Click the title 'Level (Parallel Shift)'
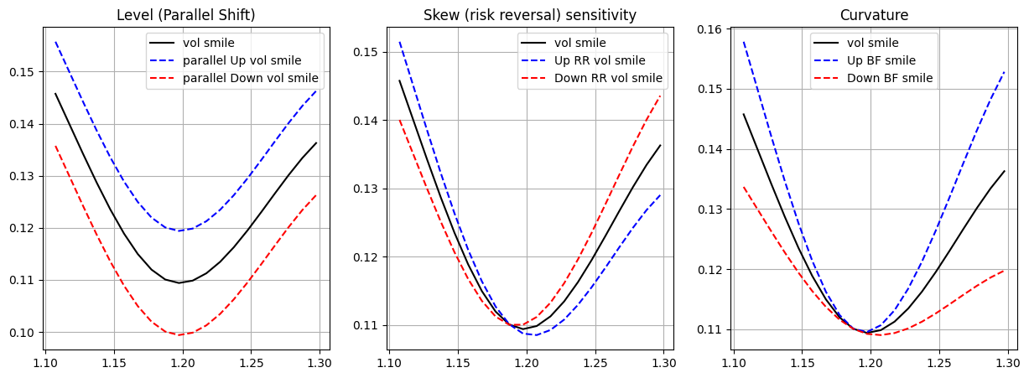[x=186, y=15]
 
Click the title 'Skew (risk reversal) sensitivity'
[x=530, y=15]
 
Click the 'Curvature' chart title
[x=874, y=15]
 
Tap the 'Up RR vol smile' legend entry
[x=600, y=60]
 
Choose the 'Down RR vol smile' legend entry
[x=608, y=78]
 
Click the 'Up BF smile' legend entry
[x=881, y=60]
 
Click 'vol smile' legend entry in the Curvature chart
[x=872, y=43]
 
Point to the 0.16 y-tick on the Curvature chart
[x=709, y=29]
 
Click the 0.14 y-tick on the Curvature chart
[x=709, y=149]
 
